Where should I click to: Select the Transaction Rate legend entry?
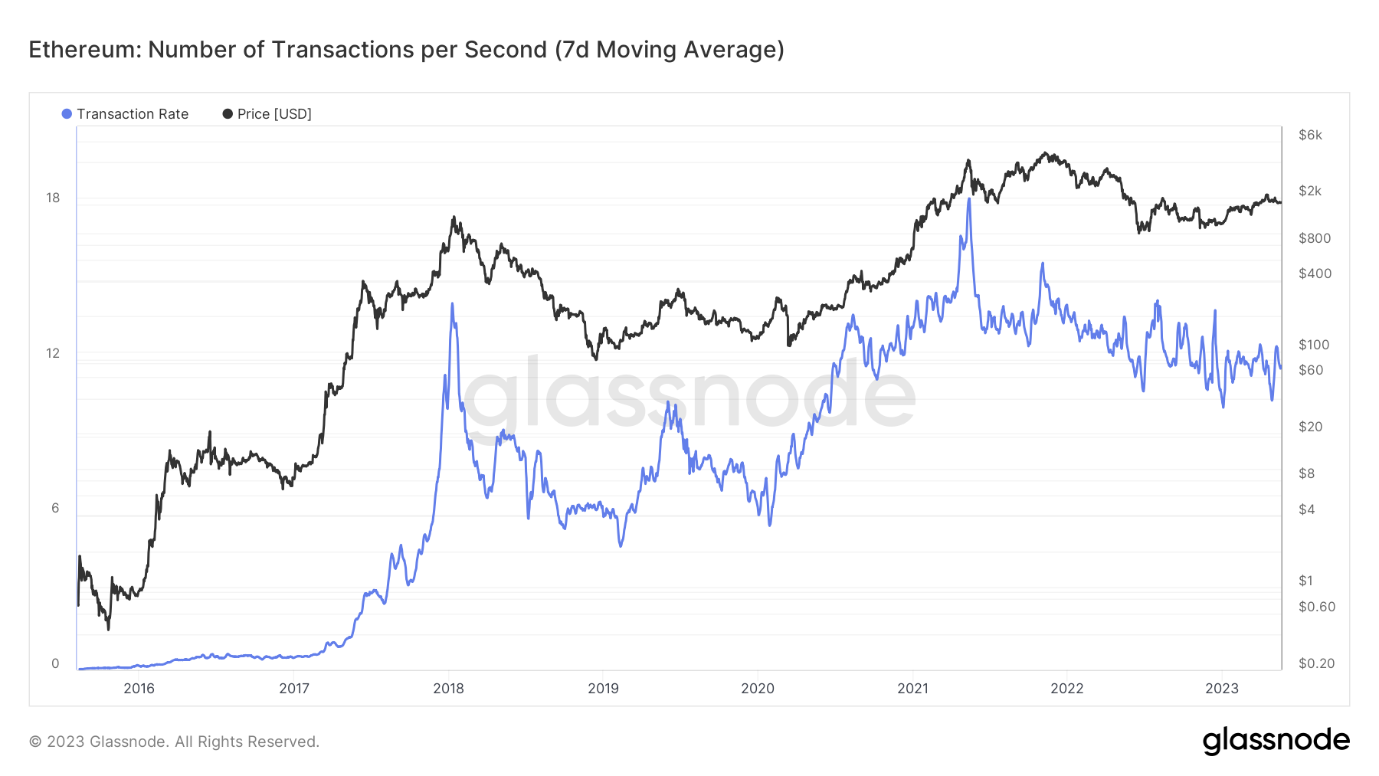coord(126,114)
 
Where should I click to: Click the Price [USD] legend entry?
coord(267,114)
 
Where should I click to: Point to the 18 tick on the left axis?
coord(53,198)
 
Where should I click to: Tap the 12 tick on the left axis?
coord(53,353)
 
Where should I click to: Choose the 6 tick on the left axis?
coord(55,508)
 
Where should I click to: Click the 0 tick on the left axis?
coord(55,663)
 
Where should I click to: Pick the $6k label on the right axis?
coord(1310,135)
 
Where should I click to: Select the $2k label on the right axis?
coord(1310,191)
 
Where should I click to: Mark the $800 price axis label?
coord(1315,238)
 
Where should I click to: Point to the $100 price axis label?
coord(1314,345)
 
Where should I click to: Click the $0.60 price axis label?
coord(1317,607)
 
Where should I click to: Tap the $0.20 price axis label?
coord(1317,663)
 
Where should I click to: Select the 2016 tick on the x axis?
coord(139,688)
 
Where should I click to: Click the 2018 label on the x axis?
coord(449,688)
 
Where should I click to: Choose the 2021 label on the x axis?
coord(912,688)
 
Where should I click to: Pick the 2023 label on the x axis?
coord(1222,688)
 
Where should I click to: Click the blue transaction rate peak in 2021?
coord(969,200)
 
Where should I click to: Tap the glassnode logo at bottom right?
coord(1276,741)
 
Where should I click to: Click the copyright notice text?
coord(174,742)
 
